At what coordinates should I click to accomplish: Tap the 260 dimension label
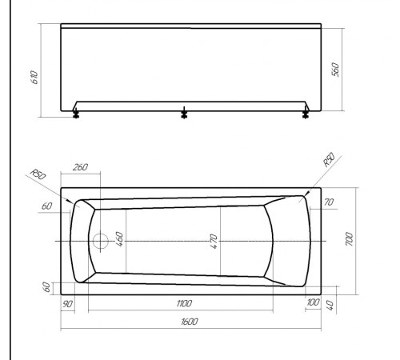pyautogui.click(x=80, y=167)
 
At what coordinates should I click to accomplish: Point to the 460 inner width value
pyautogui.click(x=119, y=239)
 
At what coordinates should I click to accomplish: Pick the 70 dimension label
pyautogui.click(x=328, y=203)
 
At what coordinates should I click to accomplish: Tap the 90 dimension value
pyautogui.click(x=68, y=303)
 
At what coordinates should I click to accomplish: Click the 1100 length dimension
pyautogui.click(x=183, y=304)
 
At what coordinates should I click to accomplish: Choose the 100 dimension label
pyautogui.click(x=312, y=303)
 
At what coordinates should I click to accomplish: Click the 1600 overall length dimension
pyautogui.click(x=189, y=322)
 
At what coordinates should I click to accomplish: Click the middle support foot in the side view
pyautogui.click(x=184, y=112)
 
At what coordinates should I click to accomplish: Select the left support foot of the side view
pyautogui.click(x=76, y=112)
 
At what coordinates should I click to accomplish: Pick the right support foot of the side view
pyautogui.click(x=305, y=112)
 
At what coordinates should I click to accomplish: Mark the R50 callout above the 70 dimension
pyautogui.click(x=328, y=162)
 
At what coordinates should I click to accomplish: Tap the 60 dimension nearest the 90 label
pyautogui.click(x=47, y=286)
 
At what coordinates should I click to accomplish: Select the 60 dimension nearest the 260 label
pyautogui.click(x=47, y=207)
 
